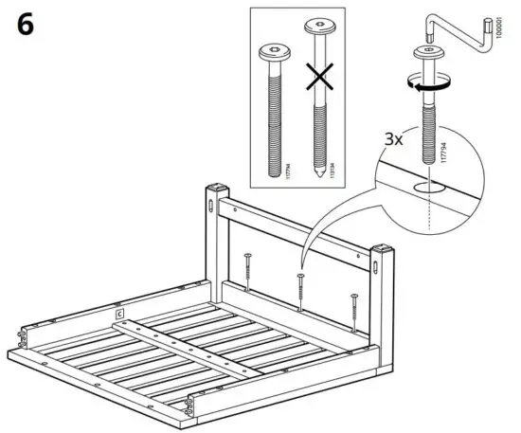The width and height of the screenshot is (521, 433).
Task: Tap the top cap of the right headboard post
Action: coord(383,246)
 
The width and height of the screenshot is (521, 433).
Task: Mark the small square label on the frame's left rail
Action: coord(118,312)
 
